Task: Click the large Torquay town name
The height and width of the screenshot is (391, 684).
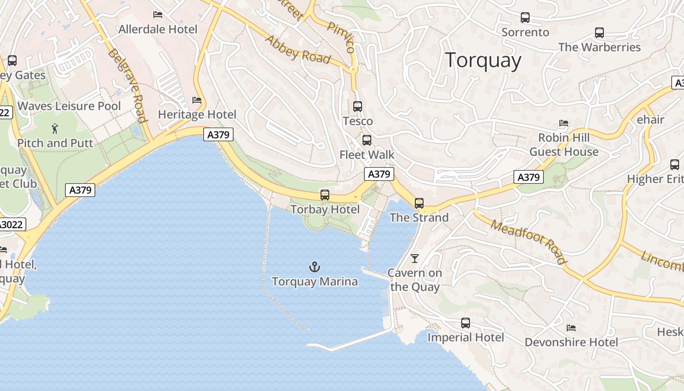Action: tap(483, 60)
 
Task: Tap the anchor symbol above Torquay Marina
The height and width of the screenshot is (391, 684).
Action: tap(315, 267)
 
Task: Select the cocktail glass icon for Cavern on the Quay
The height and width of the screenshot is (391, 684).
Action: tap(415, 258)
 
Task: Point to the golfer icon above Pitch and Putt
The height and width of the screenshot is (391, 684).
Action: tap(55, 129)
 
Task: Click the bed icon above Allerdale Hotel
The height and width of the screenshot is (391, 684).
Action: tap(158, 15)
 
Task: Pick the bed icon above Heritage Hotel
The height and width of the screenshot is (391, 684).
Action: tap(197, 100)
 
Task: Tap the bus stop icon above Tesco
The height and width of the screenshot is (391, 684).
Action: tap(358, 106)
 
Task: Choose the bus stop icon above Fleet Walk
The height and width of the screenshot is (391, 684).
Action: tap(367, 140)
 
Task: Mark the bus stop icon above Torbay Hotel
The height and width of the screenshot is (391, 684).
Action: tap(325, 195)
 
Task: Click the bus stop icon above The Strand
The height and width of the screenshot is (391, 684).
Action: tap(419, 203)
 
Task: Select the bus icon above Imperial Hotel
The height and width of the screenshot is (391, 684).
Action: tap(466, 323)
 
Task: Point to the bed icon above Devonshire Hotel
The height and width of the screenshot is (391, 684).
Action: tap(571, 327)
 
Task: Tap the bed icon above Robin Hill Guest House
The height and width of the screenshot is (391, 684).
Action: tap(564, 123)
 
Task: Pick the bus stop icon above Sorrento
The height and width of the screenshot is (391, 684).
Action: tap(525, 18)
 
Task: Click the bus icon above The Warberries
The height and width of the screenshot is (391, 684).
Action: tap(599, 33)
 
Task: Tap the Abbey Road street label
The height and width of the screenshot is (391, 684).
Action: tap(297, 49)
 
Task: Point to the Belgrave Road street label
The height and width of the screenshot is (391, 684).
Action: tap(128, 86)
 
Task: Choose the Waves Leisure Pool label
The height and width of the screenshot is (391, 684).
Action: tap(69, 106)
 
